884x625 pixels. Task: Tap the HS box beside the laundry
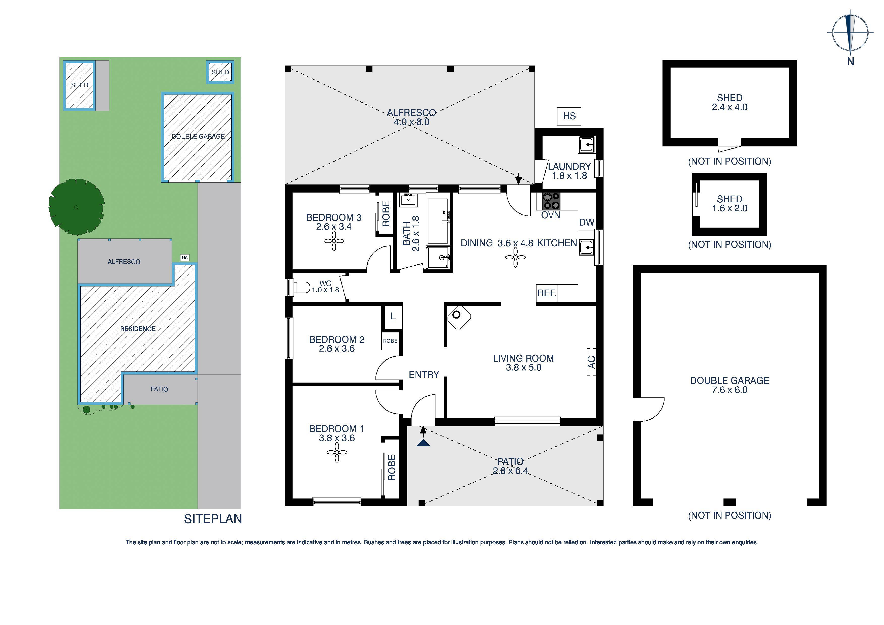point(569,116)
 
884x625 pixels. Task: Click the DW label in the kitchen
point(586,222)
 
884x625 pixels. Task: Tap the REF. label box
point(546,293)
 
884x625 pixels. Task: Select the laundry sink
point(586,145)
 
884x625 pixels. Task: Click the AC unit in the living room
point(591,362)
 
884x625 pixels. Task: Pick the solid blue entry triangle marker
point(423,443)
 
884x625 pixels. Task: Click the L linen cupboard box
point(393,317)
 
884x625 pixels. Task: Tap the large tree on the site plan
point(77,207)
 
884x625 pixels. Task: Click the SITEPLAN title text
point(212,519)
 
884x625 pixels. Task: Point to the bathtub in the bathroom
point(437,222)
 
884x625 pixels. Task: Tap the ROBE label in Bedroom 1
point(392,467)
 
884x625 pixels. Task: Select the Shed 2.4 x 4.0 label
point(729,102)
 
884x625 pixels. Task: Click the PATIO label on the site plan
point(159,389)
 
